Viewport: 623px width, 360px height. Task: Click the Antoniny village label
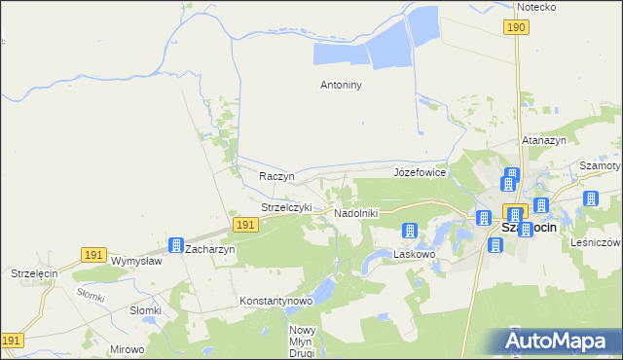[341, 85]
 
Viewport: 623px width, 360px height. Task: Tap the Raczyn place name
[276, 176]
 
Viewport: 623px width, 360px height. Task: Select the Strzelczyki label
[286, 207]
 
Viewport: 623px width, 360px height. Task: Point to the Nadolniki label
[355, 212]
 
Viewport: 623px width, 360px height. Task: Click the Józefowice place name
[419, 172]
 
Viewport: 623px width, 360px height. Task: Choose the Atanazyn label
[543, 140]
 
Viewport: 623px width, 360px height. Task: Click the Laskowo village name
[414, 253]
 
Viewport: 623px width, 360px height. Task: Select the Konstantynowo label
[275, 302]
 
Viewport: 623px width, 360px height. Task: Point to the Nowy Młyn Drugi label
[302, 341]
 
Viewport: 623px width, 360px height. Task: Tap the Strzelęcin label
[35, 274]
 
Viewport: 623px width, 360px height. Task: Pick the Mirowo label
[128, 348]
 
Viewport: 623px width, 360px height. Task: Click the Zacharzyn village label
[209, 249]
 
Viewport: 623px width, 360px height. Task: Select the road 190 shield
[516, 28]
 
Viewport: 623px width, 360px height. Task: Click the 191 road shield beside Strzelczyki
[245, 225]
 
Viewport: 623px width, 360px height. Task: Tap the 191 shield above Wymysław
[93, 254]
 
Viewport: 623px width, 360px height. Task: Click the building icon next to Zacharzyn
[176, 245]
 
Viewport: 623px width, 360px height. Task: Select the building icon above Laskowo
[410, 231]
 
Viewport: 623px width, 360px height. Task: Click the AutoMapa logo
[561, 341]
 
